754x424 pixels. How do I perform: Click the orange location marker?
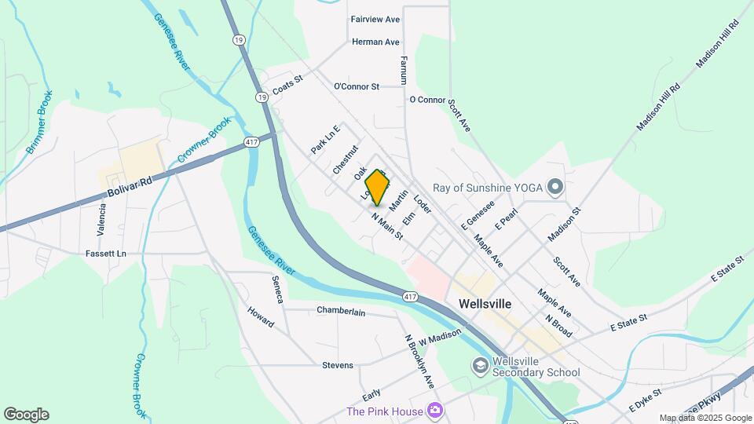tap(378, 188)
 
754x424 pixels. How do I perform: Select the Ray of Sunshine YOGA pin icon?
tap(555, 186)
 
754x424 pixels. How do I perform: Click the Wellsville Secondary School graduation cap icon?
tap(480, 366)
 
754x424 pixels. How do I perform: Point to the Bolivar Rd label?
tap(131, 186)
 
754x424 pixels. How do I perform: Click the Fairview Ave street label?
tap(375, 19)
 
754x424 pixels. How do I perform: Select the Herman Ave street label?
tap(375, 42)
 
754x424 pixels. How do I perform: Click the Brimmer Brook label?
tap(38, 126)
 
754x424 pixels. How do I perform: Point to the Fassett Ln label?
tap(106, 254)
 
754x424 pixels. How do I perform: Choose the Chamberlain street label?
tap(341, 311)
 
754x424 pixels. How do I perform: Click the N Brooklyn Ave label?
tap(419, 361)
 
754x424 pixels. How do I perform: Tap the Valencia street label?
tap(102, 217)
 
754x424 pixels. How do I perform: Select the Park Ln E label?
tap(325, 139)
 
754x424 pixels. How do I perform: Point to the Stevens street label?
tap(337, 365)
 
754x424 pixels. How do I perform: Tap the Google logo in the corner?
tap(26, 414)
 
